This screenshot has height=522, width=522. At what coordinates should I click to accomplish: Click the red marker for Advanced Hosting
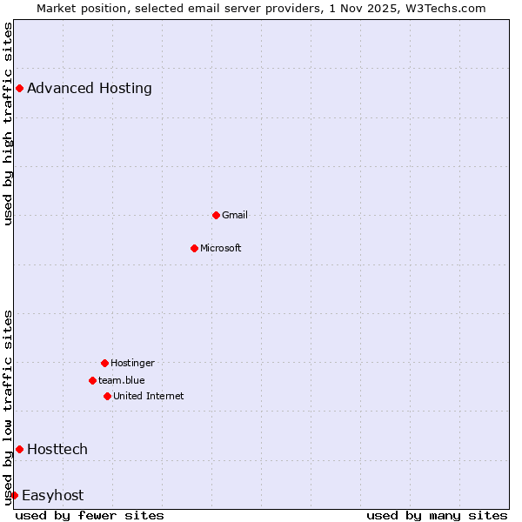(x=19, y=88)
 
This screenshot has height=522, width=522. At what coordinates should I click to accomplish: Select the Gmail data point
(x=216, y=215)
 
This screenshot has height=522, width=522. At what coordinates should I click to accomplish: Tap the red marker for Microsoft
(x=194, y=248)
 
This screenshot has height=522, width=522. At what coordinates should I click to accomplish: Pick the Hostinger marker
(x=104, y=363)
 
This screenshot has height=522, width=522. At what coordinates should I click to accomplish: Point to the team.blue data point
(x=92, y=380)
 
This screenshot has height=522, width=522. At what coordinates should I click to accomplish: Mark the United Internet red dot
(x=107, y=396)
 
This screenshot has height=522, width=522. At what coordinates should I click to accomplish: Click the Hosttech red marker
(x=19, y=449)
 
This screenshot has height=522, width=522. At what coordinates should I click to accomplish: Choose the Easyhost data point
(x=14, y=495)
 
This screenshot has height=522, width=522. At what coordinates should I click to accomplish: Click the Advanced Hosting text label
(x=90, y=88)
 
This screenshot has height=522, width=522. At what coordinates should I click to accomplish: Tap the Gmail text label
(x=235, y=215)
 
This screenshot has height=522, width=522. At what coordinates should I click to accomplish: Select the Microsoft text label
(x=221, y=248)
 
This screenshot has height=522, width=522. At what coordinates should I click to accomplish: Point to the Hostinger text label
(x=132, y=363)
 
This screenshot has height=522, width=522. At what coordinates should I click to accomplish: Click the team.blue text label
(x=122, y=380)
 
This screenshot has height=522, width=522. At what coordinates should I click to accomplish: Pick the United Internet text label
(x=149, y=396)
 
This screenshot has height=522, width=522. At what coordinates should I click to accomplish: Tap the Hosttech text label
(x=57, y=449)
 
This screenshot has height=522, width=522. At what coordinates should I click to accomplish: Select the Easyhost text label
(x=53, y=495)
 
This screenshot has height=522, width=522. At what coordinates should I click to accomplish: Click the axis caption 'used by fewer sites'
(x=90, y=515)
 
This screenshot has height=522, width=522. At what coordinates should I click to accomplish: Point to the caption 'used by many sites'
(x=437, y=515)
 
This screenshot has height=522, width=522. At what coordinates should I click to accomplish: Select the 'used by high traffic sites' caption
(x=8, y=124)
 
